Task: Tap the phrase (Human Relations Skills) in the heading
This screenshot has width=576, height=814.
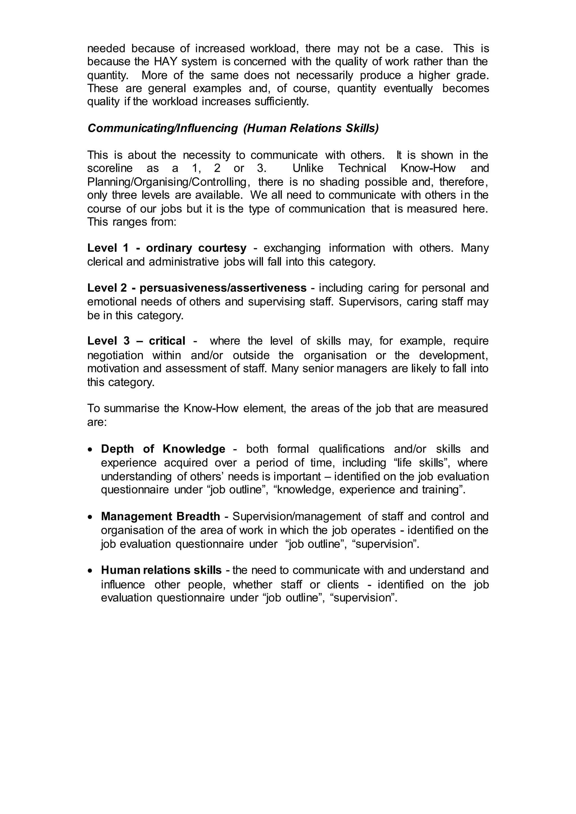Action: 311,128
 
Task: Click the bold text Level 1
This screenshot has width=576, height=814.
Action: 108,248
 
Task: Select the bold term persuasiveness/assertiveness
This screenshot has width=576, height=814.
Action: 223,288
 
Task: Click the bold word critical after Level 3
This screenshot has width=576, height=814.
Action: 167,341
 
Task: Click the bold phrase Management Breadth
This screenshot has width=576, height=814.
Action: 160,517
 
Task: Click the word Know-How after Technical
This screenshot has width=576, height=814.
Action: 428,168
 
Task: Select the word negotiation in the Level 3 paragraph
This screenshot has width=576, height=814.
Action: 115,355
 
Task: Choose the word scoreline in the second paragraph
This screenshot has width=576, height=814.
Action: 110,168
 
